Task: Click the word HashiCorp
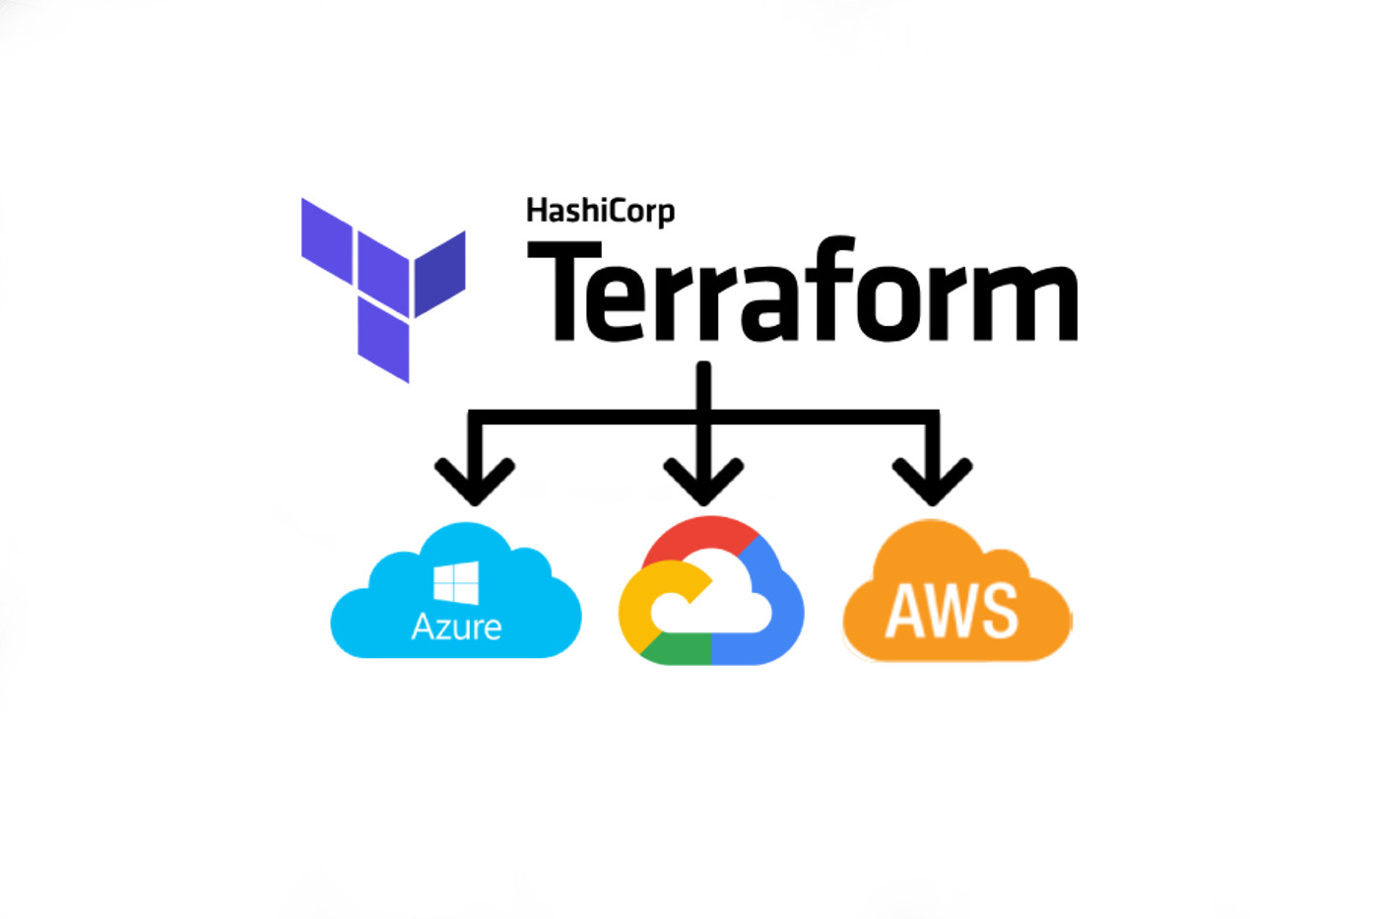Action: (600, 211)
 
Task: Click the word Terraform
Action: (802, 293)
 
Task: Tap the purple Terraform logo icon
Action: (382, 289)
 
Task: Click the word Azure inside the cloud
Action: (456, 627)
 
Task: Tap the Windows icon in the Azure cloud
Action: (456, 582)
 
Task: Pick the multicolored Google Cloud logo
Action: (710, 591)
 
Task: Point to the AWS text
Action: (952, 611)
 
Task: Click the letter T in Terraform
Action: (564, 293)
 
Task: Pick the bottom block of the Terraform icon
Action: (383, 340)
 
